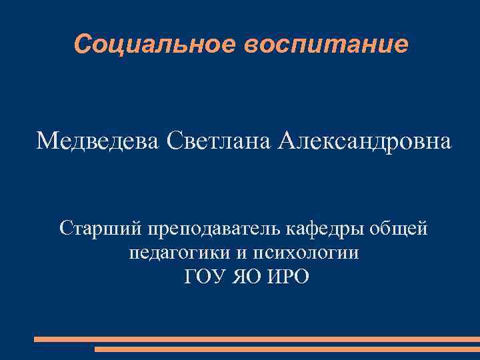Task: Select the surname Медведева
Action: [x=98, y=141]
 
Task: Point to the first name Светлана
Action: [x=218, y=141]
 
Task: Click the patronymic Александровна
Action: [x=364, y=141]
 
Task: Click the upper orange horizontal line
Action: [x=257, y=339]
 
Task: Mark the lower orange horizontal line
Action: [x=287, y=349]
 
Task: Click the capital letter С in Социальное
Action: [x=82, y=45]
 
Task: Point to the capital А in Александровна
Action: [x=287, y=141]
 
